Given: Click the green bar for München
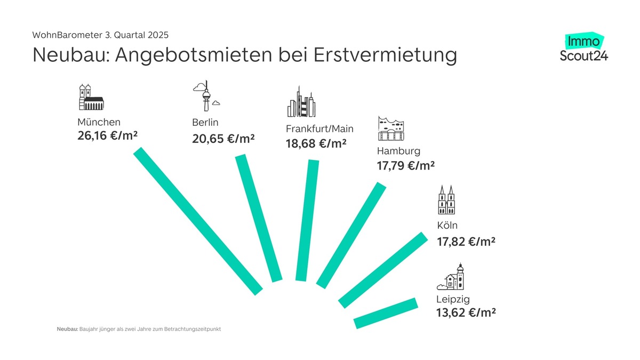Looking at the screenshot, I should coord(198,221).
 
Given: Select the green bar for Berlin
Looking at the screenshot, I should coord(258,218).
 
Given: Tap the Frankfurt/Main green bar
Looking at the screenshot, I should coord(307,220).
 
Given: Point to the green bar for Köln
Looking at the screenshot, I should coord(383,270).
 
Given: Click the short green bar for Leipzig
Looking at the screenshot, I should coord(386,313).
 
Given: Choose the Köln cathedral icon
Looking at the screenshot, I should coord(447,201).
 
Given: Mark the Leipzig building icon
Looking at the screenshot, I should coord(451,277).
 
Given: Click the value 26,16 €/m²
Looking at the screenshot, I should coord(108,137).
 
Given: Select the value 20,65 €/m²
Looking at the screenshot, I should coord(223,139).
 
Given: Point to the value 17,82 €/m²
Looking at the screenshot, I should coord(466,241).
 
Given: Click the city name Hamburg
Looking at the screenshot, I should coord(398,150).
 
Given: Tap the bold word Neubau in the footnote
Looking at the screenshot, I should coord(68,329).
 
